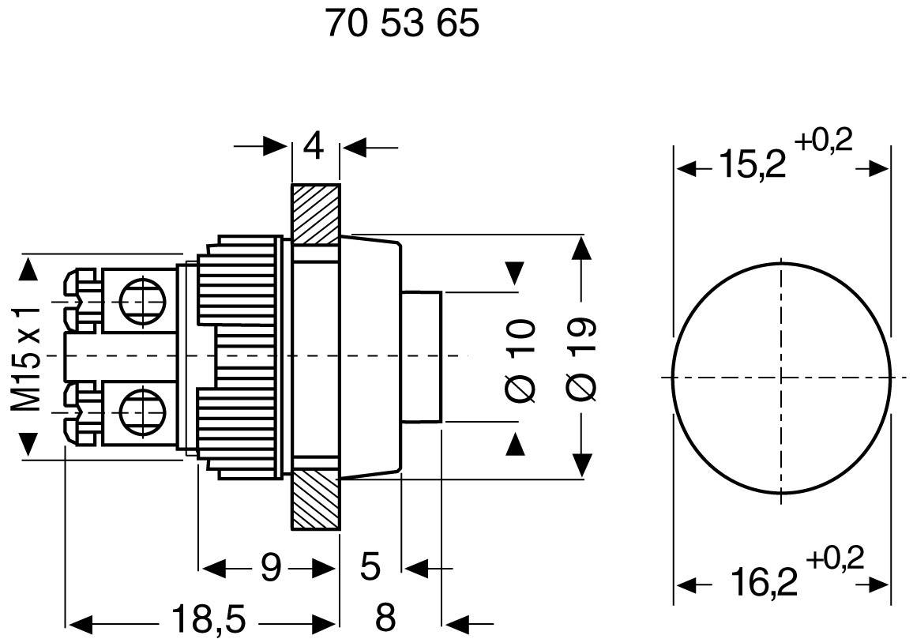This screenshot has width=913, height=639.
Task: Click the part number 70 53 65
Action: point(402,25)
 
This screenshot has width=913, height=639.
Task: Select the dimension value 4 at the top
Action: point(314,146)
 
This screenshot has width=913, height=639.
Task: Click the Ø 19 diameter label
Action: point(581,359)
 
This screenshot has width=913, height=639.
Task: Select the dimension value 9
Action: point(271,567)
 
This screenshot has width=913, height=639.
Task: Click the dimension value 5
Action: point(370,567)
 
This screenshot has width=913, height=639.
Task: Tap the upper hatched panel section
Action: point(315,212)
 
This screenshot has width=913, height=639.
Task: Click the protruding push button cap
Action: point(421,357)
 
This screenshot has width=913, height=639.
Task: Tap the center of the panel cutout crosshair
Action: point(782,378)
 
